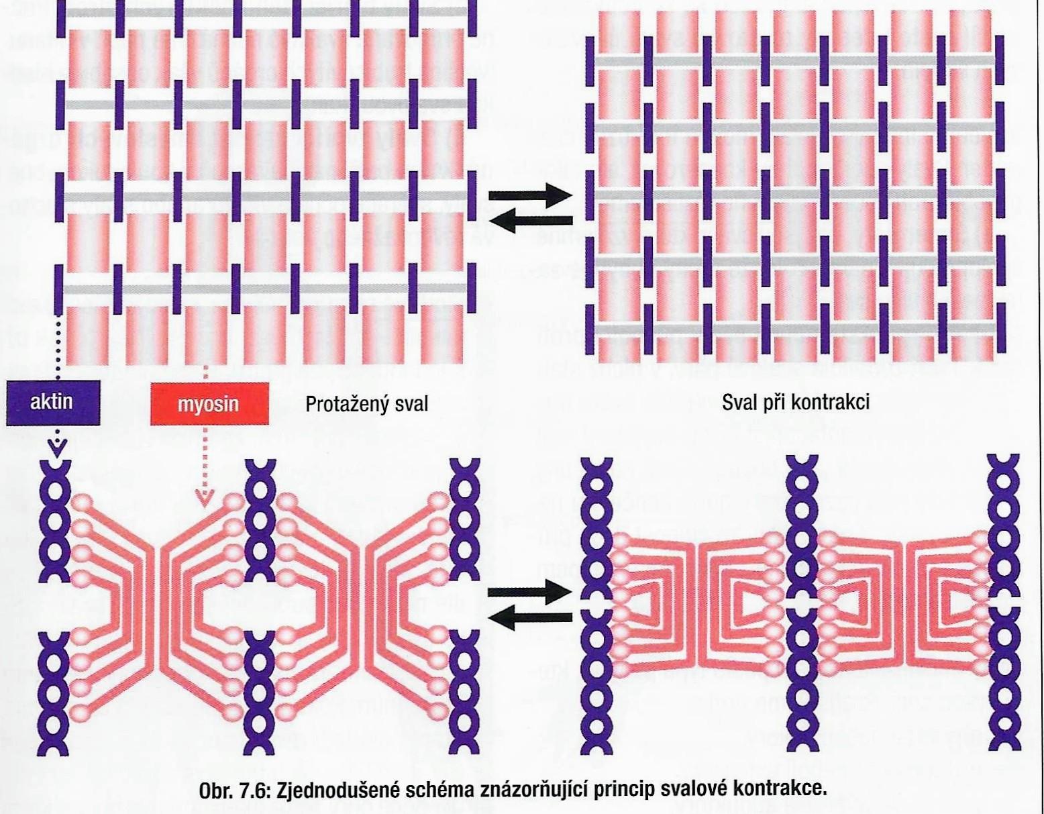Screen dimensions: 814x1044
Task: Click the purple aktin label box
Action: pyautogui.click(x=52, y=403)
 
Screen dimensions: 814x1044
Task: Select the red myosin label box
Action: pyautogui.click(x=209, y=405)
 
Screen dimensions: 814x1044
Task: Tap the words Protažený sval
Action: pyautogui.click(x=366, y=405)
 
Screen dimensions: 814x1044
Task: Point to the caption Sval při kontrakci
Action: pyautogui.click(x=796, y=402)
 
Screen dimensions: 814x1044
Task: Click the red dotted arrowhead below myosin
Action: pyautogui.click(x=205, y=497)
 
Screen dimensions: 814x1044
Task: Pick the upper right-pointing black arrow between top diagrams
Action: pyautogui.click(x=530, y=196)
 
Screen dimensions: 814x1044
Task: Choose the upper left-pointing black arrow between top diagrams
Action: pyautogui.click(x=530, y=219)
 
